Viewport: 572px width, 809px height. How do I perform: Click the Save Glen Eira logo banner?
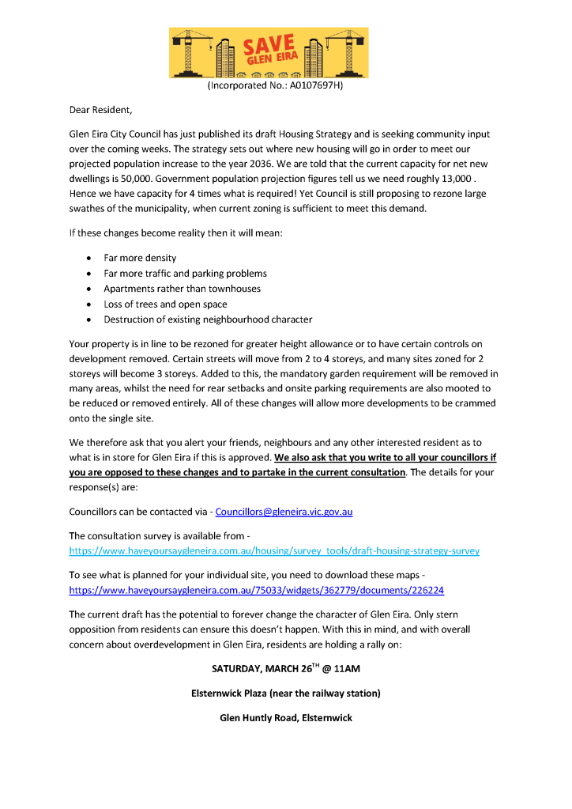[269, 53]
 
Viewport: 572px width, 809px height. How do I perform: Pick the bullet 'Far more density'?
[140, 258]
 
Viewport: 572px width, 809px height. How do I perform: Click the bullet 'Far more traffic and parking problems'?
[185, 273]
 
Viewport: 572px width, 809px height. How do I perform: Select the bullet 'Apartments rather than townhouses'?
[182, 289]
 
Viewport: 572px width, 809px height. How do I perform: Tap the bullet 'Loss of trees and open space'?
[165, 304]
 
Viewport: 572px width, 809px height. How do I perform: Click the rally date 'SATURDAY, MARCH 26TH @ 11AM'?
[285, 669]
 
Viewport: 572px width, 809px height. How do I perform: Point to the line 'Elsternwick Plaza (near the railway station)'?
[285, 694]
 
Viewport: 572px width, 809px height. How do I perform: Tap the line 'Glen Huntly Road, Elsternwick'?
[285, 718]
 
